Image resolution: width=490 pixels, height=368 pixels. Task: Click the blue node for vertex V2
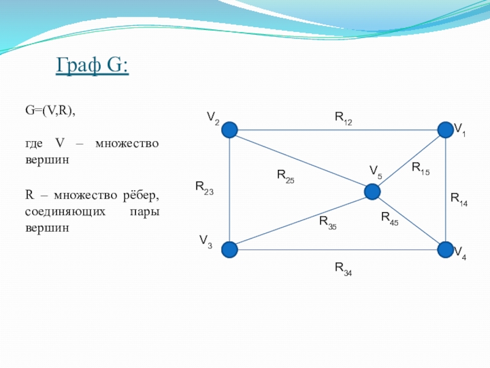point(230,130)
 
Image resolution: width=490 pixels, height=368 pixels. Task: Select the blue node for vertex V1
point(446,130)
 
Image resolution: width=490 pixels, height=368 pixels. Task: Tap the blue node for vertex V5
point(372,192)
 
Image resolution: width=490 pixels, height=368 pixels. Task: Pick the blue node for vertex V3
point(230,250)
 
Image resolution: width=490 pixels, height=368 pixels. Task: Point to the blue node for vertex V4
point(446,250)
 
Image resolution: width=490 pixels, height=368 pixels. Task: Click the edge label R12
point(344,118)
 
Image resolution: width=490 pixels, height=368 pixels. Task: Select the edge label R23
point(205,188)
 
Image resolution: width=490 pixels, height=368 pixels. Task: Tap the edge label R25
point(285,176)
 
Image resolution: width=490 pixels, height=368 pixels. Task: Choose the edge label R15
point(421,169)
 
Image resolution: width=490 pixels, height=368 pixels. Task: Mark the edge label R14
point(459,200)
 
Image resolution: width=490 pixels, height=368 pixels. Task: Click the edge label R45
point(390,219)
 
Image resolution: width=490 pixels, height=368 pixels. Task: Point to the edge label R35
point(328,223)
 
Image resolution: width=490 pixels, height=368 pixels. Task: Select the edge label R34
point(344,269)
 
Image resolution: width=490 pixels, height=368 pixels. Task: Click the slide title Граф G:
point(92,66)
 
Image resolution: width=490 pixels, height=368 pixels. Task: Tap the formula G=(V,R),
point(50,111)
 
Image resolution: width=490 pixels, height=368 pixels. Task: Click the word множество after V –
point(127,144)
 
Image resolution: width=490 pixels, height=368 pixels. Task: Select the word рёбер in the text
point(141,196)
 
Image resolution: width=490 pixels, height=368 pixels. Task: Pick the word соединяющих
point(66,212)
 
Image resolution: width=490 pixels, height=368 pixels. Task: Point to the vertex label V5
point(375,172)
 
